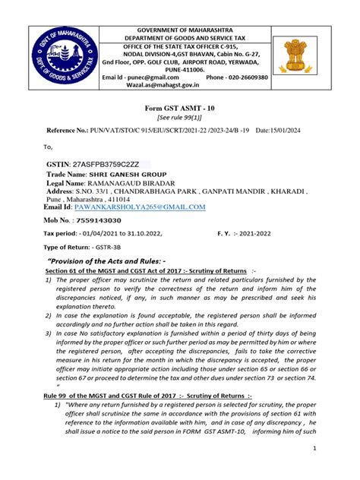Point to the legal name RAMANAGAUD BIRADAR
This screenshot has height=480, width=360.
pos(144,185)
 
